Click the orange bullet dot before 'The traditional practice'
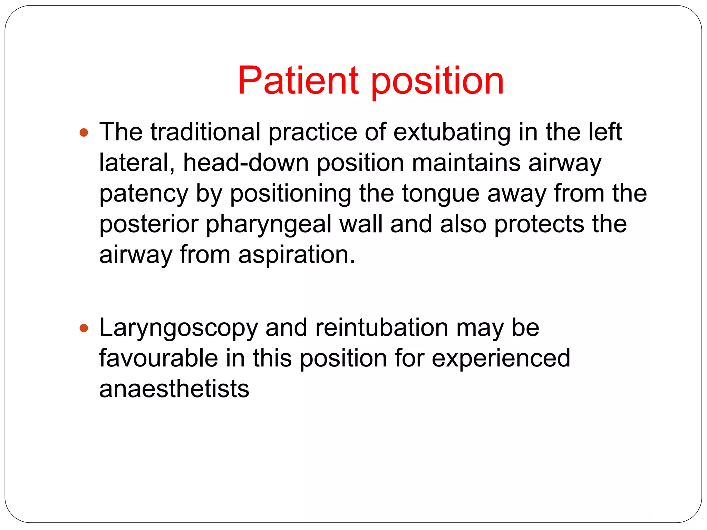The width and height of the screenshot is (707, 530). pos(84,132)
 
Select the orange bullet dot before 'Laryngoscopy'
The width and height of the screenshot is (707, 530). pos(84,328)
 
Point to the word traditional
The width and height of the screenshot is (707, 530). pos(205,132)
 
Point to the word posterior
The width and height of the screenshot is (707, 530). pos(149,225)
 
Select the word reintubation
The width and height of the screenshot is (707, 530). pos(381,327)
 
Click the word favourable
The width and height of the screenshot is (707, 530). pos(158,358)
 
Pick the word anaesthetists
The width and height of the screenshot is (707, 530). pos(174,389)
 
